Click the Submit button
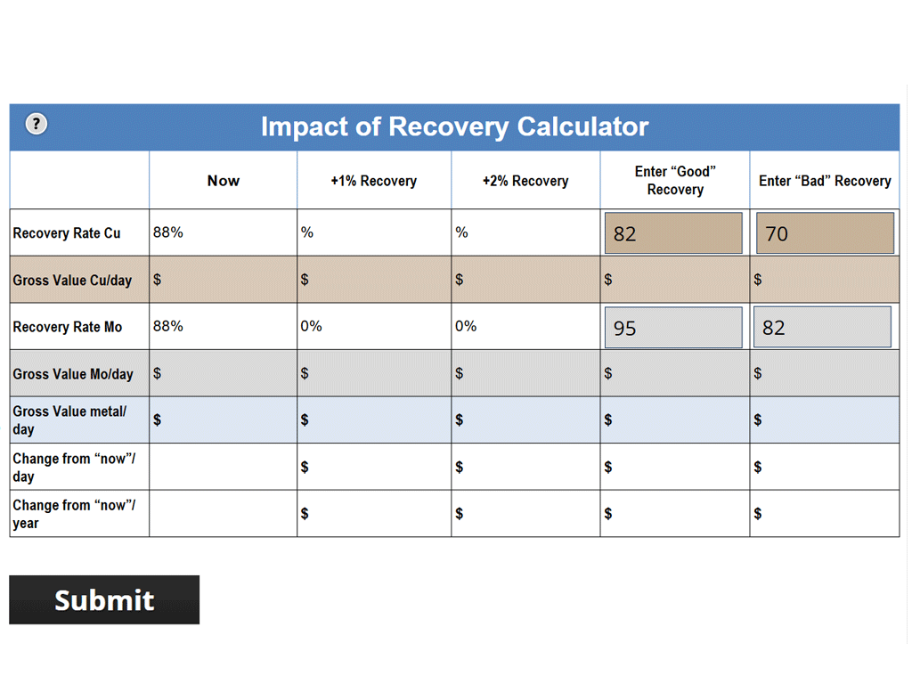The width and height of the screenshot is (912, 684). (x=104, y=599)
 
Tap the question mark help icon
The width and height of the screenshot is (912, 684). (x=36, y=124)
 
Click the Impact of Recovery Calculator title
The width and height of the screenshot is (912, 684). (x=454, y=126)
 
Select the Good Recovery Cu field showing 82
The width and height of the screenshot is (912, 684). (x=673, y=233)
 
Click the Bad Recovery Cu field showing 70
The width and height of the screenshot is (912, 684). (x=824, y=233)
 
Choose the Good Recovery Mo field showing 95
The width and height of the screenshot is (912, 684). (x=673, y=328)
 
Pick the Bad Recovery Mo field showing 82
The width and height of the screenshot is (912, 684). (x=822, y=327)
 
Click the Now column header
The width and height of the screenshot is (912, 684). (x=223, y=181)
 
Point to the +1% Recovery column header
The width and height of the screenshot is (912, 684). (x=373, y=181)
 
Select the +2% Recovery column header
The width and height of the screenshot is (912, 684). (x=525, y=181)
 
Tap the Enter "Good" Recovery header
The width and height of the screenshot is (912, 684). (x=675, y=181)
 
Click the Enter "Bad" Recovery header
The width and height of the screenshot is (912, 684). (x=825, y=181)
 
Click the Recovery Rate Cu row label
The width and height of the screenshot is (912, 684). (x=67, y=233)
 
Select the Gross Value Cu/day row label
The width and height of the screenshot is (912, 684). (x=72, y=281)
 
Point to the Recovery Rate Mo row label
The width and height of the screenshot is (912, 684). (x=68, y=327)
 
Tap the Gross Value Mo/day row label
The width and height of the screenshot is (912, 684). (x=73, y=374)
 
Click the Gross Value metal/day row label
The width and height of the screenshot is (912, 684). (x=69, y=419)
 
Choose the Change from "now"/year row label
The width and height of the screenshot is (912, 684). (x=74, y=514)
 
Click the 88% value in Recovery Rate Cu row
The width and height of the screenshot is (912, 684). (x=168, y=232)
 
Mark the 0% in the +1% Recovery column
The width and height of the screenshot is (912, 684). (x=311, y=326)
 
